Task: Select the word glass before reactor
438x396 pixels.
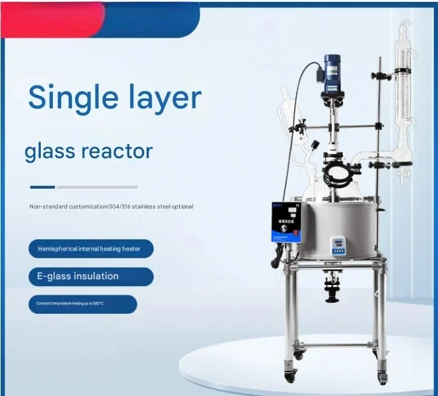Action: (x=50, y=152)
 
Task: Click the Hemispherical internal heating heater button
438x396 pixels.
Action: (x=91, y=248)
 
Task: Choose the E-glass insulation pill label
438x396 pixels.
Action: (x=91, y=276)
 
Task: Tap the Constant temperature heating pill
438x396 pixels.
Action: (x=82, y=304)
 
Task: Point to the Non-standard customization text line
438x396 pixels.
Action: (x=111, y=207)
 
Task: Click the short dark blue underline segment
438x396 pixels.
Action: (x=42, y=187)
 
